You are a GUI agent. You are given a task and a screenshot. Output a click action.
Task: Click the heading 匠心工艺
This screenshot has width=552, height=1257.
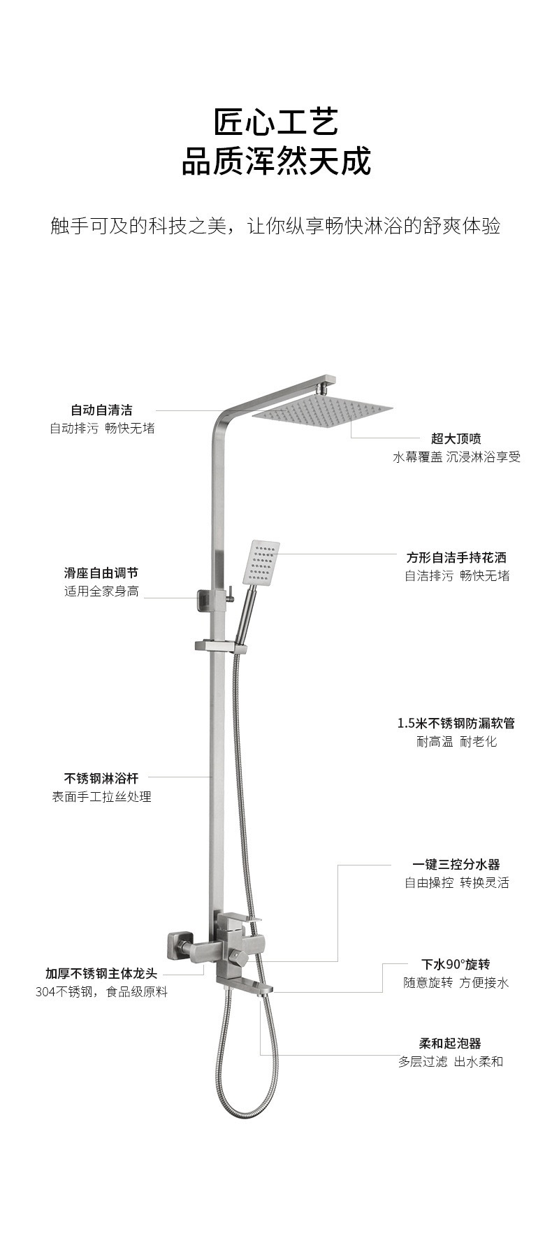[x=276, y=122]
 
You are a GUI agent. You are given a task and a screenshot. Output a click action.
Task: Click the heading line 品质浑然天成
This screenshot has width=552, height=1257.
[x=276, y=161]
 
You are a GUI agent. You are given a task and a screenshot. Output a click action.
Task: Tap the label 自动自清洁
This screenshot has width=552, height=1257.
[x=101, y=410]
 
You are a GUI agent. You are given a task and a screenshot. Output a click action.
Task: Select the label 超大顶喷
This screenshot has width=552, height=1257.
[x=456, y=438]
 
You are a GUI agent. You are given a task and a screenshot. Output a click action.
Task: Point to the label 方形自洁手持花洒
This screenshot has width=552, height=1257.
[x=456, y=557]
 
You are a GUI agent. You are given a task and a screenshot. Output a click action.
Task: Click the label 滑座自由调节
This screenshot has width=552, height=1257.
[x=101, y=573]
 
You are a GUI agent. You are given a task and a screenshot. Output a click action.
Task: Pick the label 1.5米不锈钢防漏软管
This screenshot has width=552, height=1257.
[x=456, y=723]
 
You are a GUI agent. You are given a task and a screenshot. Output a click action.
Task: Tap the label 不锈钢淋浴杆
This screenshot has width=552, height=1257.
[x=101, y=777]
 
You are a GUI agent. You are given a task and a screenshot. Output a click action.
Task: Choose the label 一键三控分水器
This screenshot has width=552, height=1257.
[x=456, y=864]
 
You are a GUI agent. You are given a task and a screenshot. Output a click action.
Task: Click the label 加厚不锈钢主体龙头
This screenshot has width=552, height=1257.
[x=101, y=973]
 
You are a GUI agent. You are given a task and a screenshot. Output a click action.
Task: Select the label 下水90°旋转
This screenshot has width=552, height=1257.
[x=456, y=964]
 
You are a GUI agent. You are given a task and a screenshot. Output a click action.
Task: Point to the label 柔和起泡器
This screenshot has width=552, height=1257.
[x=451, y=1044]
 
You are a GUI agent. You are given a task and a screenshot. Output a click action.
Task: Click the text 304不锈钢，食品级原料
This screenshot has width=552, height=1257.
[x=101, y=992]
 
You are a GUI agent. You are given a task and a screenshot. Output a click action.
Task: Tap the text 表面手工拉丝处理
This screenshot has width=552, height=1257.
[x=101, y=796]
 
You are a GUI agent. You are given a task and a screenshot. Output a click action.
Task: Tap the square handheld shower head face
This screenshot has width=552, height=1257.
[x=261, y=563]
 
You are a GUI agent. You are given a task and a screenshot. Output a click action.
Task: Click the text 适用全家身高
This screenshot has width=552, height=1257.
[x=101, y=591]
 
